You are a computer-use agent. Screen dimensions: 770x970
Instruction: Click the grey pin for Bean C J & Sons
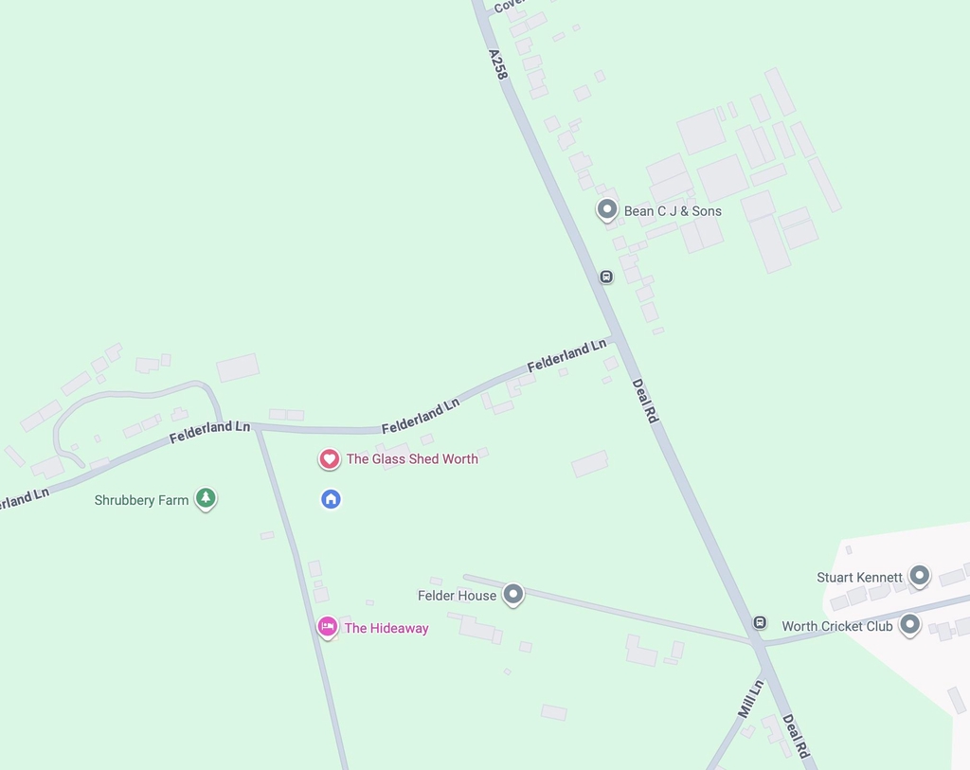[607, 209]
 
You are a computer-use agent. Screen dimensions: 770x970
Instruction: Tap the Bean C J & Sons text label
[673, 211]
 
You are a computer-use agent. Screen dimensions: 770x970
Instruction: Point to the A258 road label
[498, 64]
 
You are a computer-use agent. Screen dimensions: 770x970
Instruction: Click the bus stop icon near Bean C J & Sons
[606, 277]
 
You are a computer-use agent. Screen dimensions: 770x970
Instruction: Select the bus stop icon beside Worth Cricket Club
[760, 622]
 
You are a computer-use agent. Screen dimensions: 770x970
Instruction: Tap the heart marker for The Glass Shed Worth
[329, 459]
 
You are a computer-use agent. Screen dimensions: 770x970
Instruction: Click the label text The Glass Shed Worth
[412, 459]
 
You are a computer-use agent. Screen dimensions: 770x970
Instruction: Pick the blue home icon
[331, 498]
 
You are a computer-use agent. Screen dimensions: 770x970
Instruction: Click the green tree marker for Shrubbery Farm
[206, 498]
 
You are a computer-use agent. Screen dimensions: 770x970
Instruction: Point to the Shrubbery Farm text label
[141, 500]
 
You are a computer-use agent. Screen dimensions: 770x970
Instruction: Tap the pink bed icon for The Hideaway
[328, 626]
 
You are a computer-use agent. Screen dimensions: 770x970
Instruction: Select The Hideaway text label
[386, 628]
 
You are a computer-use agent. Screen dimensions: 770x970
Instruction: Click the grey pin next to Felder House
[512, 594]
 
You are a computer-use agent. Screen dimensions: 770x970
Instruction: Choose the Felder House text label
[457, 596]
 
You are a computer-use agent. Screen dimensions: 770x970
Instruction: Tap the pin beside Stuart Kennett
[919, 574]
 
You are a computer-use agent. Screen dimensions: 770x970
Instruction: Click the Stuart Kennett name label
[860, 577]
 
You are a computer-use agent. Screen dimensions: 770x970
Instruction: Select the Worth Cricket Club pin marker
[909, 624]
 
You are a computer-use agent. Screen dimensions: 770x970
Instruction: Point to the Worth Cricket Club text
[836, 626]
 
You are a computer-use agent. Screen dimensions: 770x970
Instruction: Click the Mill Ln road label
[750, 698]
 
